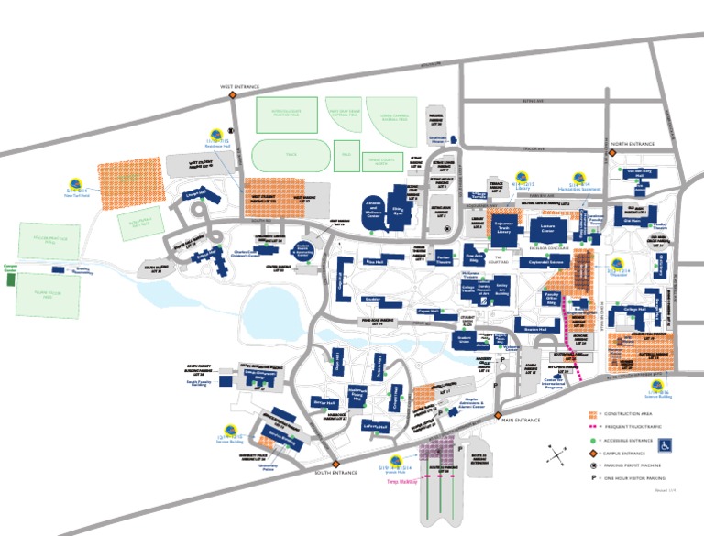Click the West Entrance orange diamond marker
[x=233, y=93]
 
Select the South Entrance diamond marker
[x=335, y=464]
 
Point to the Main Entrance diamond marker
[x=495, y=420]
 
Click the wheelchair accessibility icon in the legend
[x=666, y=444]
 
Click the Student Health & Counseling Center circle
[x=305, y=249]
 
